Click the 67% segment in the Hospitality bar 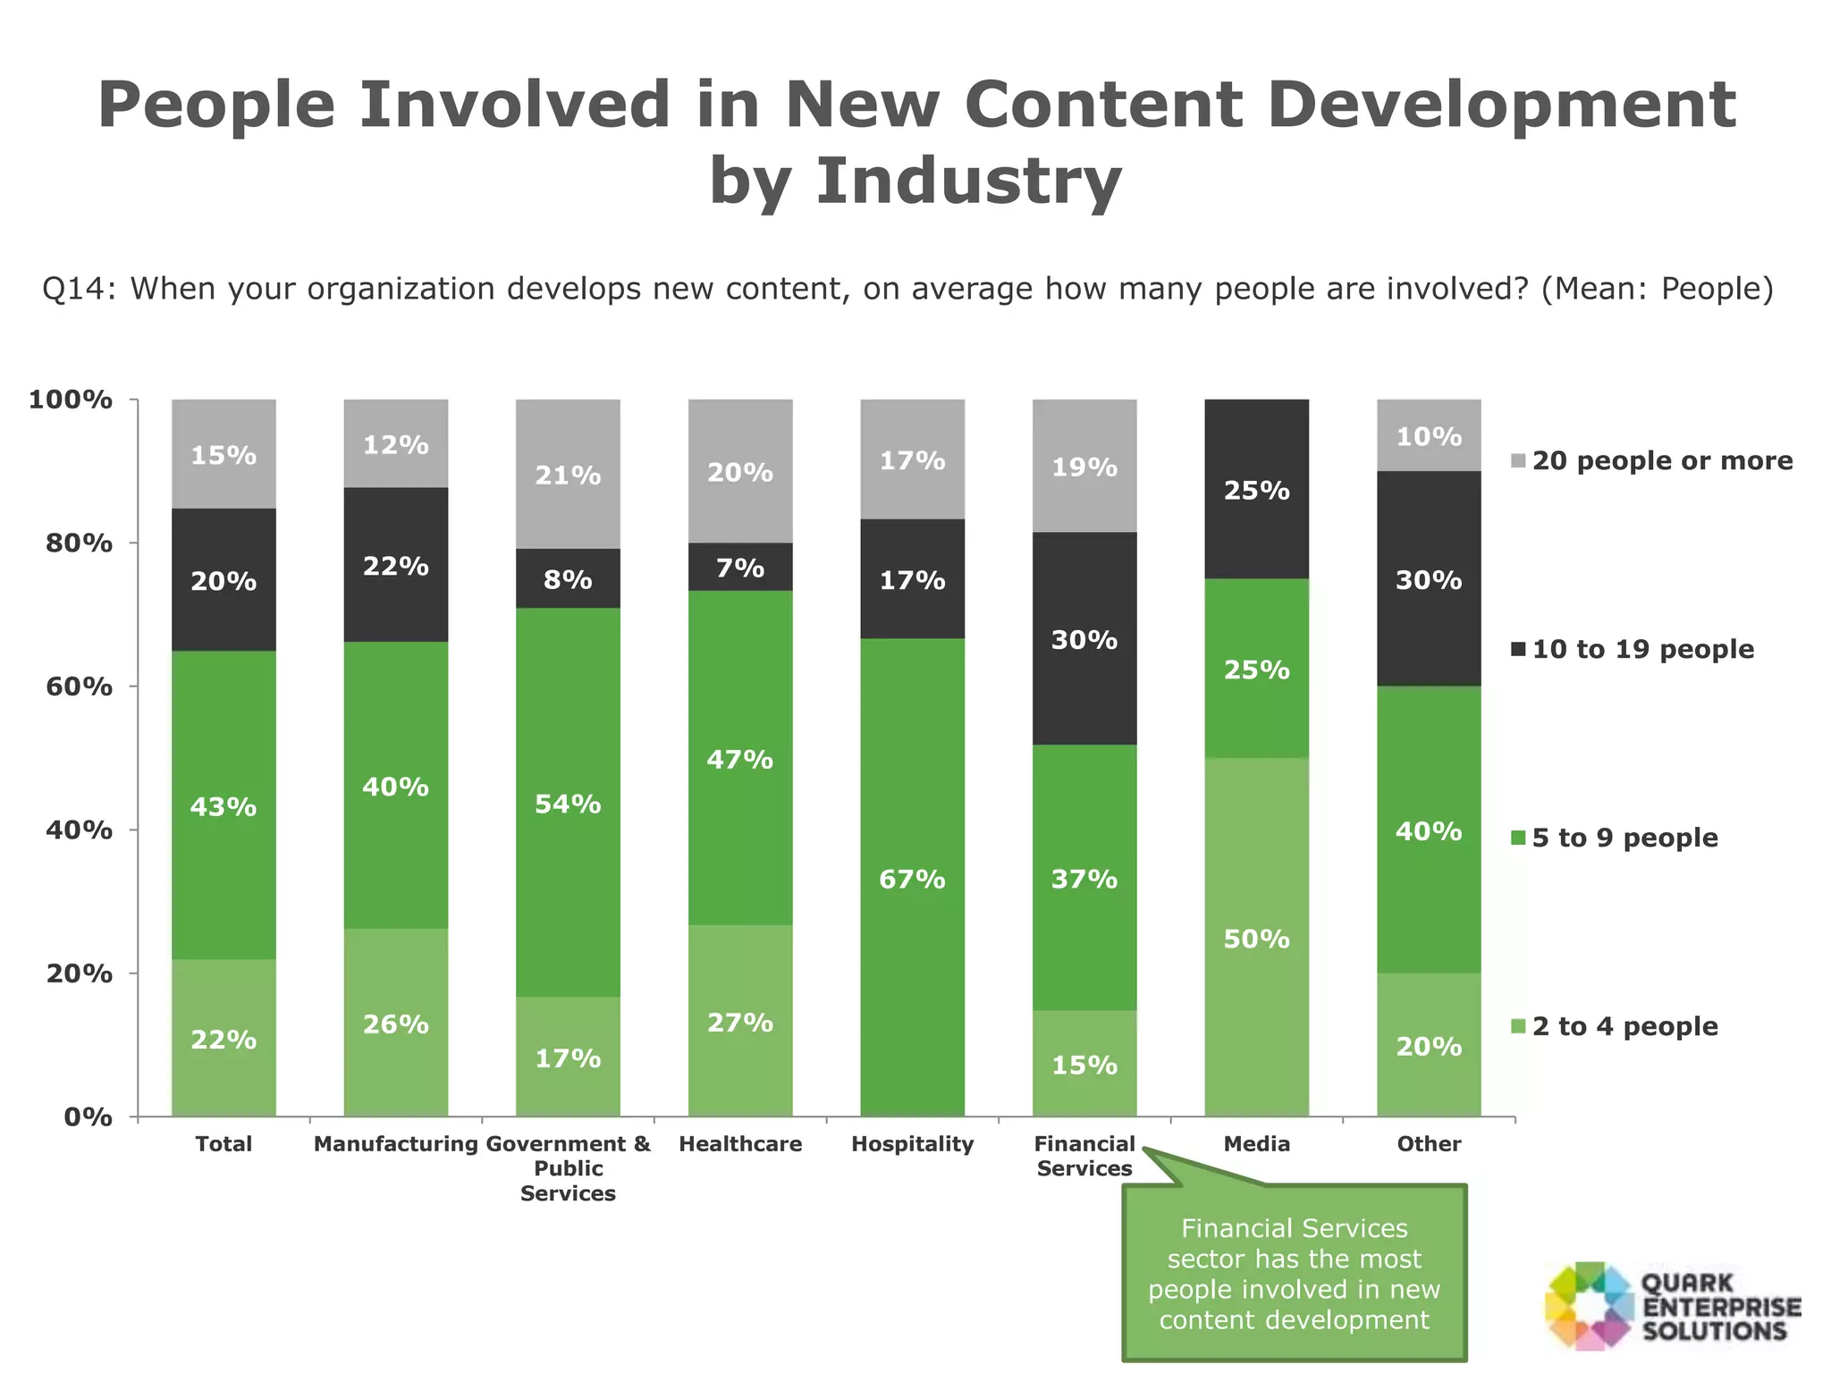(912, 878)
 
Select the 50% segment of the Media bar (1256, 937)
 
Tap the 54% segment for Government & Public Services (568, 803)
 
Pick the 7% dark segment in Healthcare (740, 567)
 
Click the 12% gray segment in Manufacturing (396, 443)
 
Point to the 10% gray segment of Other (1429, 435)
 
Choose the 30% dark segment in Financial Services (1084, 638)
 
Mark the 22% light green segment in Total (224, 1039)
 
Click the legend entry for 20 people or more (1661, 460)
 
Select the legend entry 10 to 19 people (1641, 649)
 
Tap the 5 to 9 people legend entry (1624, 838)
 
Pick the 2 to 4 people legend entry (1624, 1026)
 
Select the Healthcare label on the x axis (740, 1144)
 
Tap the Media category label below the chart (1256, 1144)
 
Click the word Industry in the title (967, 181)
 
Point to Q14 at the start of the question (79, 289)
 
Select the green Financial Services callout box (1294, 1274)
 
